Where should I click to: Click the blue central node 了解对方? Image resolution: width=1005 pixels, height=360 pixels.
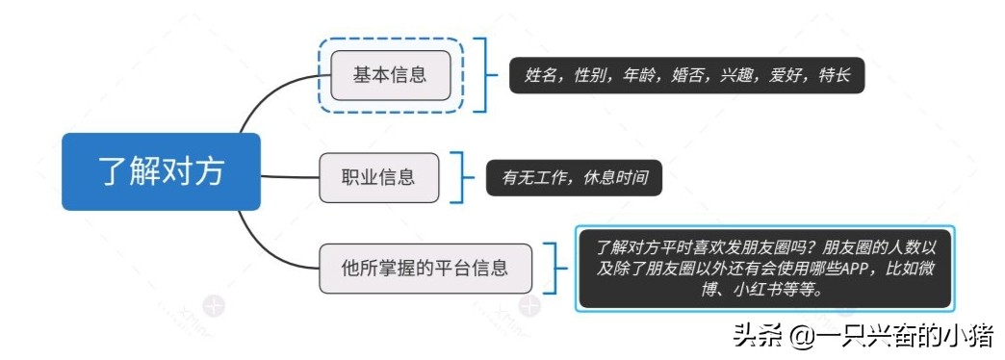pyautogui.click(x=161, y=172)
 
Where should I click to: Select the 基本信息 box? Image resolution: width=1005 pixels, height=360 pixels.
pyautogui.click(x=390, y=75)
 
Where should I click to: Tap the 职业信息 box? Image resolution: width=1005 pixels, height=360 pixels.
pyautogui.click(x=378, y=177)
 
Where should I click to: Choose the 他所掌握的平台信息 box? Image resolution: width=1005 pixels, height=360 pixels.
pyautogui.click(x=425, y=269)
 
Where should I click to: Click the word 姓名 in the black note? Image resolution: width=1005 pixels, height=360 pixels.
pyautogui.click(x=542, y=76)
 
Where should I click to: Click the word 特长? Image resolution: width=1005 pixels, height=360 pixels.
pyautogui.click(x=833, y=76)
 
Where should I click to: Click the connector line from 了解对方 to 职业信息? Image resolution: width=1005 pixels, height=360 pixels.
pyautogui.click(x=289, y=177)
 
